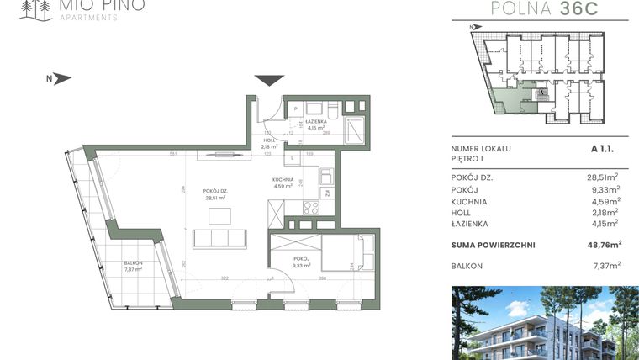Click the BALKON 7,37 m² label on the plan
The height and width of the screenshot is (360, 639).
[x=132, y=266]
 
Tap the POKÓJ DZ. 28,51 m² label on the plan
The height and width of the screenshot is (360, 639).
[x=214, y=195]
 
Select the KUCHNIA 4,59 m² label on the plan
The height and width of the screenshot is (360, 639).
[x=282, y=183]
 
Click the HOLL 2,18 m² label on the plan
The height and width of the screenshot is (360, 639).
[x=269, y=144]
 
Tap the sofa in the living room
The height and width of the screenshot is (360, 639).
[x=219, y=238]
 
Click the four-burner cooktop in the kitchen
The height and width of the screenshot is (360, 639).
[x=311, y=208]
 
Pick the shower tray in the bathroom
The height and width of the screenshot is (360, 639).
[x=355, y=132]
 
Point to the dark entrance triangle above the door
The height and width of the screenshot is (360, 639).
[x=270, y=80]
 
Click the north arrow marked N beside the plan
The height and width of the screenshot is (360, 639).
[x=58, y=79]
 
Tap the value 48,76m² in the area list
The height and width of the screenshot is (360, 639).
[x=603, y=245]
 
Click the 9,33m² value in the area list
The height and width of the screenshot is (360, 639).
[x=605, y=190]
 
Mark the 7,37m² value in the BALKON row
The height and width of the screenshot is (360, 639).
[x=605, y=265]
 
